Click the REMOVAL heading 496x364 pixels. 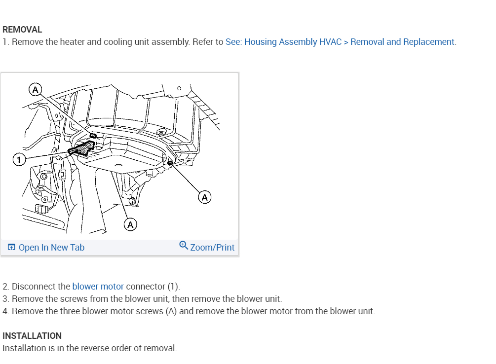click(x=22, y=30)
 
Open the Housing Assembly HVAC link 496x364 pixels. click(x=341, y=42)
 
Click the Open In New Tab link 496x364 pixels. click(x=51, y=248)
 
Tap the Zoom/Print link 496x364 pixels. click(x=212, y=248)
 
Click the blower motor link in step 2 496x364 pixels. click(x=98, y=287)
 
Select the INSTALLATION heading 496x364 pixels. click(x=32, y=336)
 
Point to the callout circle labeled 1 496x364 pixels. click(x=18, y=159)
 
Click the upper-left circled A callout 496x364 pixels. click(x=35, y=89)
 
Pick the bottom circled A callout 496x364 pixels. click(x=130, y=225)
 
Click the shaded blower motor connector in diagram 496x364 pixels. click(x=81, y=147)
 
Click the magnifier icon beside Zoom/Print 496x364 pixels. click(x=184, y=245)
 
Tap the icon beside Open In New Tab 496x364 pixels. click(x=11, y=248)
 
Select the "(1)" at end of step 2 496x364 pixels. click(x=174, y=287)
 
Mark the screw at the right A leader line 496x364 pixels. click(x=170, y=162)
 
